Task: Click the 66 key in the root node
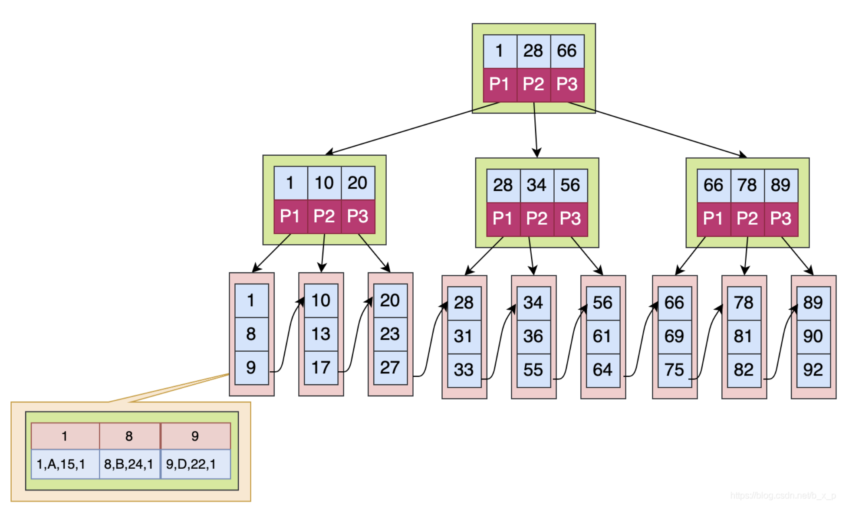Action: point(567,51)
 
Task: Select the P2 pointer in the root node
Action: point(533,84)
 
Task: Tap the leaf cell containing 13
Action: point(321,334)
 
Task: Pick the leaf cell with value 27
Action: point(390,368)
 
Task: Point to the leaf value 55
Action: point(533,370)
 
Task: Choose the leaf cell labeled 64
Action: point(602,370)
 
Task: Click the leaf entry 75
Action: point(674,370)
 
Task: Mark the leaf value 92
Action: point(813,370)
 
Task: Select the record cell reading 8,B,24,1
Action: point(129,464)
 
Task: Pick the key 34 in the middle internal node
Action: point(536,186)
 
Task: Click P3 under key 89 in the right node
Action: point(780,219)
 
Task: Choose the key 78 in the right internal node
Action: point(747,186)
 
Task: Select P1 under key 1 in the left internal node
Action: point(290,216)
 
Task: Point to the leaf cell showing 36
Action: point(533,337)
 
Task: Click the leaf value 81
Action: point(744,337)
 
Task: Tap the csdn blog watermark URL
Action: point(783,495)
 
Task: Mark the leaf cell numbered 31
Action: point(464,337)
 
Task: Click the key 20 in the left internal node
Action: point(358,183)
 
